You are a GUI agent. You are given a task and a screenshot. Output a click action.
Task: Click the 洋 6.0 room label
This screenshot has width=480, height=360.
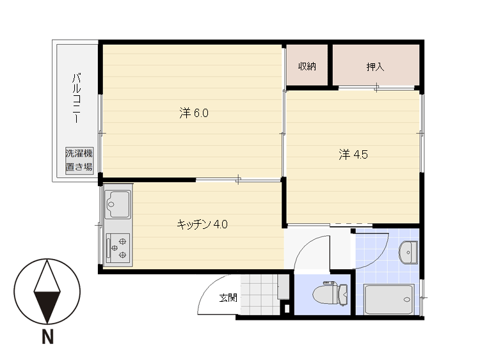[x=194, y=113]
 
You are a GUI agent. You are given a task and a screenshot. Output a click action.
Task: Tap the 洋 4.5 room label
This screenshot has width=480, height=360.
[x=353, y=155]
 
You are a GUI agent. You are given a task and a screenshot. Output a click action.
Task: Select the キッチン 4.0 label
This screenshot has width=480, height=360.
[x=202, y=224]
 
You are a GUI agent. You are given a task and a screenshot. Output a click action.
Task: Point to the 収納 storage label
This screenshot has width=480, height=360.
[x=307, y=67]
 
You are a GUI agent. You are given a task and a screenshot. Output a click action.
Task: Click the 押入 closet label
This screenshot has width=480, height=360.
[x=375, y=67]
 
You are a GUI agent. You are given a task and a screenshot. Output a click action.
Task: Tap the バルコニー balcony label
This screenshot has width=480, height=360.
[x=77, y=98]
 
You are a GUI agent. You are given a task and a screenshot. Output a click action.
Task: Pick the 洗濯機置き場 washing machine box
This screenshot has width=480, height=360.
[x=79, y=161]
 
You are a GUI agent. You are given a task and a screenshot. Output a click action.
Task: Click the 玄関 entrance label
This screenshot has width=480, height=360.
[x=228, y=297]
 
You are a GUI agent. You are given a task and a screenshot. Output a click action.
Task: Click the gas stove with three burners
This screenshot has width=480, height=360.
[x=118, y=248]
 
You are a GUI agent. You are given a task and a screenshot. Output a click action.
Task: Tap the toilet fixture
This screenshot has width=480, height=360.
[x=330, y=293]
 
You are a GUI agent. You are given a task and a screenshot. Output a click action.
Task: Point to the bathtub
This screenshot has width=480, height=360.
[x=389, y=299]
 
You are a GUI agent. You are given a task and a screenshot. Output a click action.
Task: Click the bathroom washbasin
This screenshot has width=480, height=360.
[x=408, y=253]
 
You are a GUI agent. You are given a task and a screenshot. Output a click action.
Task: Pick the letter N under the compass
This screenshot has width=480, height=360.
[x=47, y=336]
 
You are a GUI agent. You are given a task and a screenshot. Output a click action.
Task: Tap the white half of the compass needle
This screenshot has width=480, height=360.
[x=47, y=276]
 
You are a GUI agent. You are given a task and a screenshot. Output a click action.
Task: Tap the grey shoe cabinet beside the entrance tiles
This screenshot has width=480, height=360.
[x=283, y=287]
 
